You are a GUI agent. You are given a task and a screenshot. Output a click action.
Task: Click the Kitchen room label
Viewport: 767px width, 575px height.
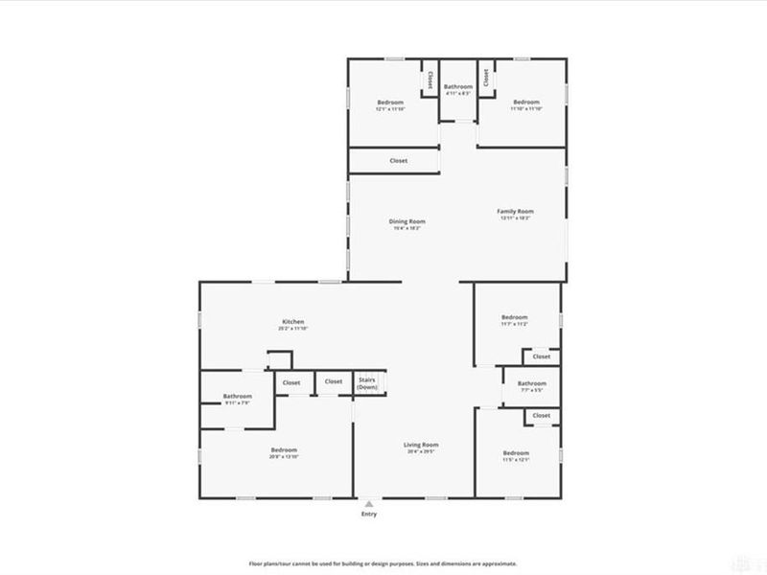point(293,321)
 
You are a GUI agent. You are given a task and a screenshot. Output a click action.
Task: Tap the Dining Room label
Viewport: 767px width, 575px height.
point(408,221)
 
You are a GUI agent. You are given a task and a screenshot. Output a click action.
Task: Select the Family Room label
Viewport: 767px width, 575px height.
point(515,211)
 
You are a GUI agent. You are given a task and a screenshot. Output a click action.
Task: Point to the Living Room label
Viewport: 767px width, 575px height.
point(421,445)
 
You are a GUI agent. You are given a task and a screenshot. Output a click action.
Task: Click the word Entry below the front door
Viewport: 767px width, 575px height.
point(369,515)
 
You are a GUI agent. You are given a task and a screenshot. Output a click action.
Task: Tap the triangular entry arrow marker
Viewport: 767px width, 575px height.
point(369,502)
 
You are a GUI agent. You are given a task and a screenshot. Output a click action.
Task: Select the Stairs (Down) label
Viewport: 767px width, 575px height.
point(367,382)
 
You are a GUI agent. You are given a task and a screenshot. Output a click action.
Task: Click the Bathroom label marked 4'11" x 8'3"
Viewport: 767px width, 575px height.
point(457,87)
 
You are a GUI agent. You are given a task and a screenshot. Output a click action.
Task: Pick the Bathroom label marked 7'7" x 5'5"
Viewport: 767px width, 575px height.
point(532,383)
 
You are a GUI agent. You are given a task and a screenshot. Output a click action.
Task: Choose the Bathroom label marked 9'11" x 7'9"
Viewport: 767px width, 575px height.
point(238,396)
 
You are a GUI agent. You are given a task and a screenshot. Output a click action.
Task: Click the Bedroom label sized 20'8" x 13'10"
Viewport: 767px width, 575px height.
point(284,450)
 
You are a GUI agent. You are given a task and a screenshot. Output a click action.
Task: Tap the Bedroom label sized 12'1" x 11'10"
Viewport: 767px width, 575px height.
point(390,103)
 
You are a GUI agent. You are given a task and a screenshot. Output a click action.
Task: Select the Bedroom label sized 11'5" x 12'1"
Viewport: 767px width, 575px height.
point(516,452)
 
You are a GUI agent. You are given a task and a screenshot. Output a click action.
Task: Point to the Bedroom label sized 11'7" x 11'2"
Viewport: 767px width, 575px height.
point(515,317)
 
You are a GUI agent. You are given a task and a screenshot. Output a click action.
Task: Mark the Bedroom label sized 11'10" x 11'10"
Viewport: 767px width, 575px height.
point(526,103)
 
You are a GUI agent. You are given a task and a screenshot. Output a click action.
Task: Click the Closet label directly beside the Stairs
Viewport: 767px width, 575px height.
point(333,382)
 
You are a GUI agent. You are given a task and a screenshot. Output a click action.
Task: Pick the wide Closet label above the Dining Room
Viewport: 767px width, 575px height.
point(399,161)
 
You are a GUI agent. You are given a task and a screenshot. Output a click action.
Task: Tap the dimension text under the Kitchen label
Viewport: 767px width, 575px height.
point(293,329)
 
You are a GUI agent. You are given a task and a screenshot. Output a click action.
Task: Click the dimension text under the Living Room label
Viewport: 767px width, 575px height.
point(421,452)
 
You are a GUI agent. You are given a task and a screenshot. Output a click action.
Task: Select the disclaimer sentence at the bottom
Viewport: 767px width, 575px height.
point(383,563)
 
